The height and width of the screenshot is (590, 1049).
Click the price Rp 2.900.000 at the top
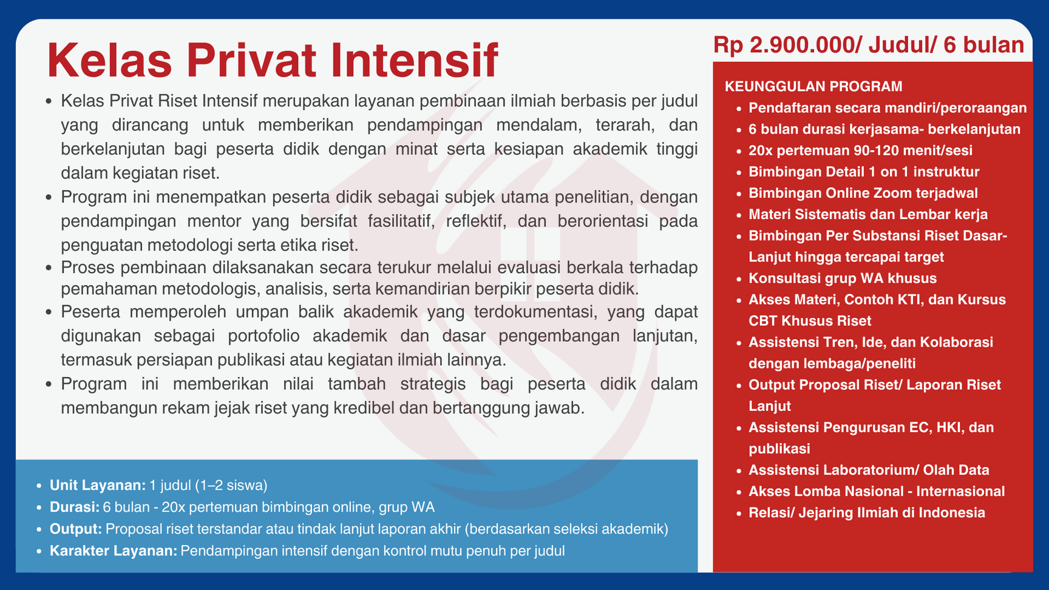point(787,45)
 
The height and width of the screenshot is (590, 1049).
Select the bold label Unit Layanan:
point(98,485)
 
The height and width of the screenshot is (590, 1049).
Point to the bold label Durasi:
point(75,507)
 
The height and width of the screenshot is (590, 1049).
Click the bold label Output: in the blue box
point(76,529)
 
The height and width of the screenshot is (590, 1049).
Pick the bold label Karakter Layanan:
point(114,551)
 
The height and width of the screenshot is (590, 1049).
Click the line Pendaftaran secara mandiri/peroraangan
point(888,108)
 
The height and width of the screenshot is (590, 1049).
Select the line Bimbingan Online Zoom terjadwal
point(863,193)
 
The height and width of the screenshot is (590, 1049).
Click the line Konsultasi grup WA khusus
point(843,278)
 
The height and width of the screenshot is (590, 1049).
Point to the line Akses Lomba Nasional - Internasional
point(877,491)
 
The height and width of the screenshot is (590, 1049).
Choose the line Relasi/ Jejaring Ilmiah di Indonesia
point(867,512)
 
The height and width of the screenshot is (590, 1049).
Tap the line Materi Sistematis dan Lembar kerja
point(868,214)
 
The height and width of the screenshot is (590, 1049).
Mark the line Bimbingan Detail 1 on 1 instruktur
point(864,172)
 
